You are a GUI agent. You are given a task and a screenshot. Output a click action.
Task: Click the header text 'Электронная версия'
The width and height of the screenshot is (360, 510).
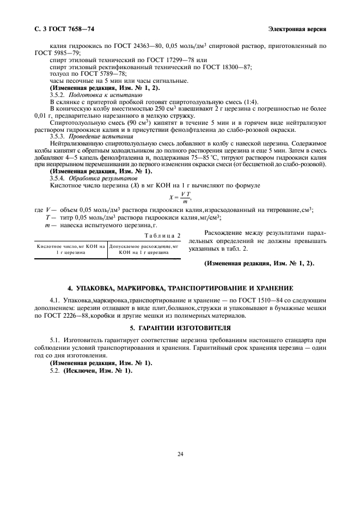297,28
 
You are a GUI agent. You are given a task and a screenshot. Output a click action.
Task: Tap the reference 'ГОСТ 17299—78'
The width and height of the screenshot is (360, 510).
162,60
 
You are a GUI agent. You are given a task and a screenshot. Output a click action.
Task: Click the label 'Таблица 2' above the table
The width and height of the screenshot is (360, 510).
163,235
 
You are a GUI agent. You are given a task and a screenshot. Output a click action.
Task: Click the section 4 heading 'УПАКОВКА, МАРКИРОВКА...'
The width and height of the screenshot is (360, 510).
180,287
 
